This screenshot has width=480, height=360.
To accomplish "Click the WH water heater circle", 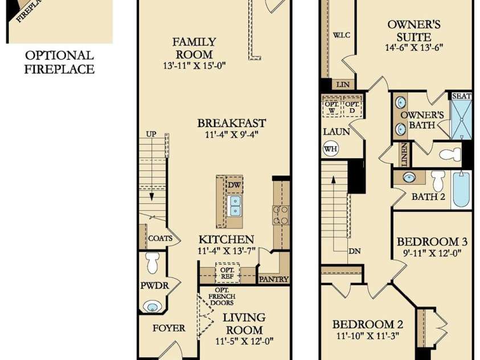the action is pos(331,149).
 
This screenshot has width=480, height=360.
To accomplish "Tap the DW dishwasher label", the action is pos(235,185).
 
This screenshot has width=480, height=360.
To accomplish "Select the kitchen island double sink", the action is pos(235,206).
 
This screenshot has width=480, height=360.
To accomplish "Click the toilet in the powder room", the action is pos(153,263).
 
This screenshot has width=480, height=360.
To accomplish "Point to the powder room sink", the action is pos(153,306).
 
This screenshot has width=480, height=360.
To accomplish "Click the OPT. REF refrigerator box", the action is pos(227,273).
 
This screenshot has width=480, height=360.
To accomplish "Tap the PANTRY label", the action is pos(274,279).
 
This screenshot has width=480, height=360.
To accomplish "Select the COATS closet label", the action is pos(160,238).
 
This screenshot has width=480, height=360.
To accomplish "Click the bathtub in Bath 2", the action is pos(461,190).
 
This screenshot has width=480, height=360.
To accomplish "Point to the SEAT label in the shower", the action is pos(462,96).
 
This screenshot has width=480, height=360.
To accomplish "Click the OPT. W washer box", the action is pos(331,107).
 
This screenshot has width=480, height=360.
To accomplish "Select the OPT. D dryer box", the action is pos(352,107).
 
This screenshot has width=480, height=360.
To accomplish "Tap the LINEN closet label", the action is pos(404,154).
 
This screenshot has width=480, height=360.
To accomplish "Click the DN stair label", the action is pos(354,251).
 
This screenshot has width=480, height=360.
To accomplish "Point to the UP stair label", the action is pos(151,134).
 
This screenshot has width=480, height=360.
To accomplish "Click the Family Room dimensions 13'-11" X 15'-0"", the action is pos(194,66).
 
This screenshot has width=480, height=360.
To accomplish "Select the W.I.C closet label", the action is pos(341,35).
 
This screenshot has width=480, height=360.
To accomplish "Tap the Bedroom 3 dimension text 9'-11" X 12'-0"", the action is pos(432,253).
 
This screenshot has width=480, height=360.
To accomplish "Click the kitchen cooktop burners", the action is pos(281,215).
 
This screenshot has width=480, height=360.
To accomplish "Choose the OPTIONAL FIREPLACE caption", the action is pos(59,62).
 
